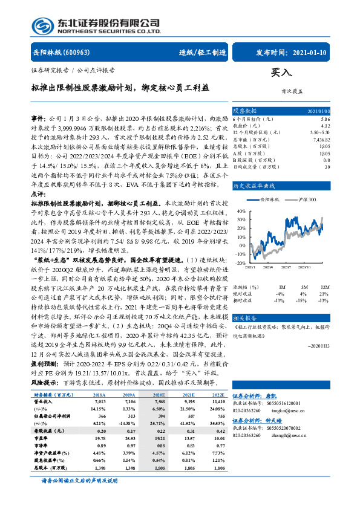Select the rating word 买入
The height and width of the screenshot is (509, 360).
[x=281, y=72]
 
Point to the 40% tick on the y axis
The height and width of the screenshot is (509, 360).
[x=240, y=212]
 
